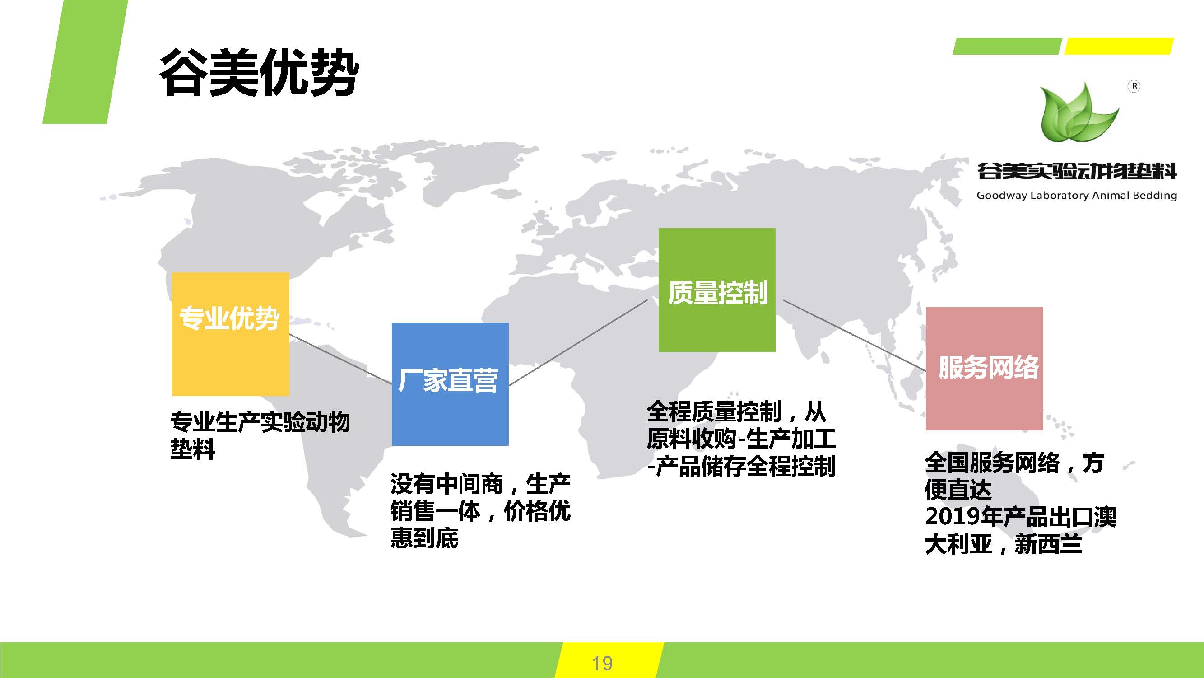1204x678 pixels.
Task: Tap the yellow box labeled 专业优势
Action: point(230,334)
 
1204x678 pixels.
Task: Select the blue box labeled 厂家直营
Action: point(450,384)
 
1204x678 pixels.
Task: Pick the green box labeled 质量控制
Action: point(717,290)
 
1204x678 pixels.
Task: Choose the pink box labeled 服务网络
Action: point(984,369)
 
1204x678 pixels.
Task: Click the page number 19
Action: point(603,663)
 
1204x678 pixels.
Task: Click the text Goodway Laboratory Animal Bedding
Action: point(1076,196)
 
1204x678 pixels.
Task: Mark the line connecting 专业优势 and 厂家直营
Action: point(341,359)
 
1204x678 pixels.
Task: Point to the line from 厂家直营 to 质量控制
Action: point(578,342)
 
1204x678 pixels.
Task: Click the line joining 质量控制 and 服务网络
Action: point(855,335)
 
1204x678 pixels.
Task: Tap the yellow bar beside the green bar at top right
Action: point(1119,46)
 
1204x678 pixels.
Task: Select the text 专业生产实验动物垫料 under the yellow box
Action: point(260,435)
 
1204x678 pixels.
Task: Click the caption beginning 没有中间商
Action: point(480,510)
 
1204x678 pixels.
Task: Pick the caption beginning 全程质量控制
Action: point(741,439)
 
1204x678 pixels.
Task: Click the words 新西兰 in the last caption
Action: point(1048,544)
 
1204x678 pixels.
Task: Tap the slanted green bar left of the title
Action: point(85,62)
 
